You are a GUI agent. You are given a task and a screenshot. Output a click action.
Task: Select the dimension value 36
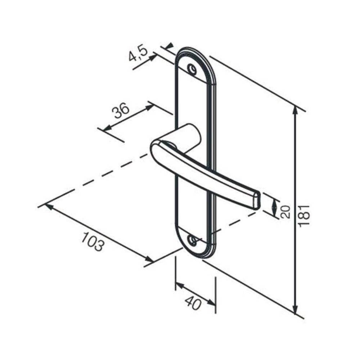(x=120, y=111)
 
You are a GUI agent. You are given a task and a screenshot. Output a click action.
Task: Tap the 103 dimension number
(x=93, y=241)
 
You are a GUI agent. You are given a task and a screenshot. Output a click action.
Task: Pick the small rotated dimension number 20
(x=285, y=212)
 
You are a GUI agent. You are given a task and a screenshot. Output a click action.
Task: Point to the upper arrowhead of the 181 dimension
(x=295, y=110)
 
